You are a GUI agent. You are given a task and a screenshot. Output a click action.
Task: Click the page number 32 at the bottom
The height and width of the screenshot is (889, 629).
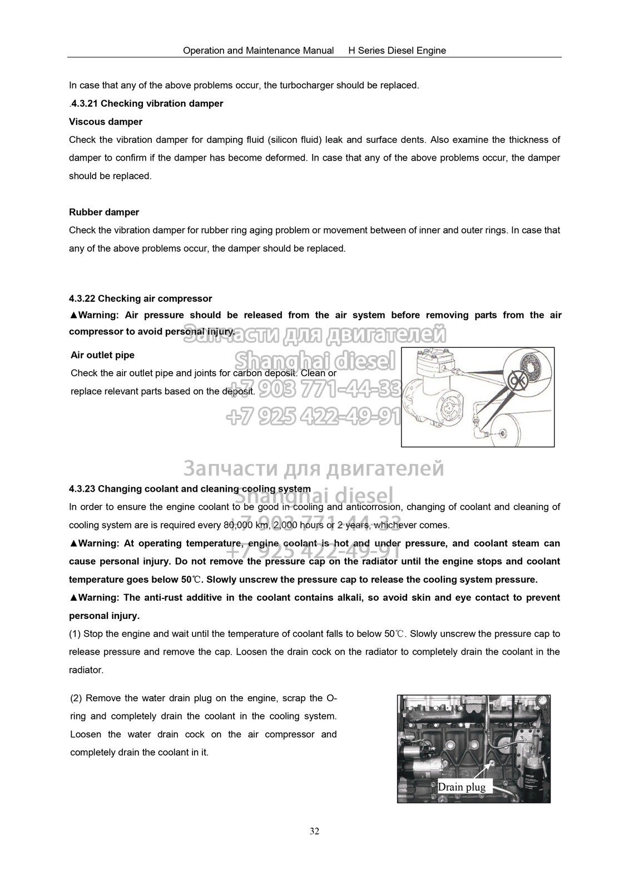click(314, 832)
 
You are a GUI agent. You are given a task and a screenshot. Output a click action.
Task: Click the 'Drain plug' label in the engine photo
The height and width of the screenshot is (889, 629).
click(461, 787)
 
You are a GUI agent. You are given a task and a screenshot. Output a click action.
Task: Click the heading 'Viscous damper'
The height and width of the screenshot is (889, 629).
click(106, 122)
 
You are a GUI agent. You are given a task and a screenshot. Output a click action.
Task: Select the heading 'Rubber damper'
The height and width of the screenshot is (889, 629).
click(104, 212)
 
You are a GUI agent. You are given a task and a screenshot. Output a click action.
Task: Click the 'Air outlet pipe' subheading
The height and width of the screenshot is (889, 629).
click(102, 355)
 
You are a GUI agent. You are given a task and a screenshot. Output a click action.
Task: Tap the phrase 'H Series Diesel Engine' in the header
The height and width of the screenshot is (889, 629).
click(397, 51)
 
